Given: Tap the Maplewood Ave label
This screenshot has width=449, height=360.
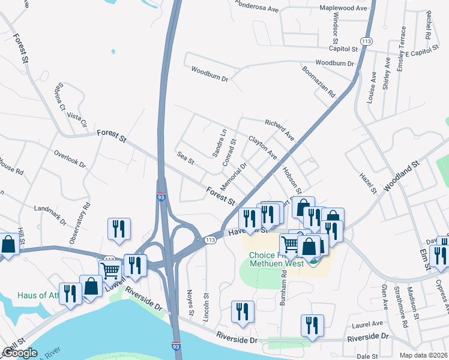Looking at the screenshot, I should (x=343, y=8).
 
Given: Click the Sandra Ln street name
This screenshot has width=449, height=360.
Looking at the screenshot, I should (x=220, y=143).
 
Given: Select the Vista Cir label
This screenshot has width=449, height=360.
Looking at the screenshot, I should (x=77, y=118).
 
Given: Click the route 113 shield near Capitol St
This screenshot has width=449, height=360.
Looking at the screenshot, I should (x=367, y=41).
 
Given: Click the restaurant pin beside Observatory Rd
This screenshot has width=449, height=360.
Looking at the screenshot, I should (x=118, y=229).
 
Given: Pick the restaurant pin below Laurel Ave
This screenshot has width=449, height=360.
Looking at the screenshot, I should (x=312, y=326).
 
